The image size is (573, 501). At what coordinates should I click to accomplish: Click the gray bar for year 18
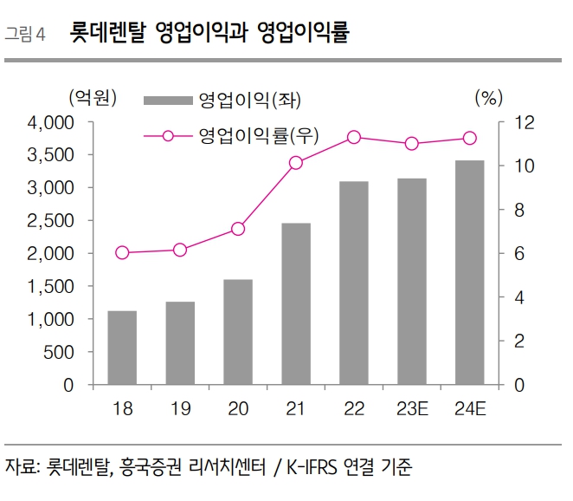(x=122, y=348)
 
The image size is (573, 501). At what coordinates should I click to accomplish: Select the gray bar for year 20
(x=238, y=332)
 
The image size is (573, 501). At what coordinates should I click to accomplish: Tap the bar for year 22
(x=354, y=283)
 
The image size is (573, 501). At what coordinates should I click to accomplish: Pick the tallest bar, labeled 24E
(x=470, y=273)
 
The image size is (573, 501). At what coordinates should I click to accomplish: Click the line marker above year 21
(x=296, y=163)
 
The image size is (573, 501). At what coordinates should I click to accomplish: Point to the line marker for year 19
(x=180, y=250)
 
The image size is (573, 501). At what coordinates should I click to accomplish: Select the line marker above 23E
(x=412, y=144)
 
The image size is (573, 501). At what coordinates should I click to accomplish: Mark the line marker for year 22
(x=354, y=137)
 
